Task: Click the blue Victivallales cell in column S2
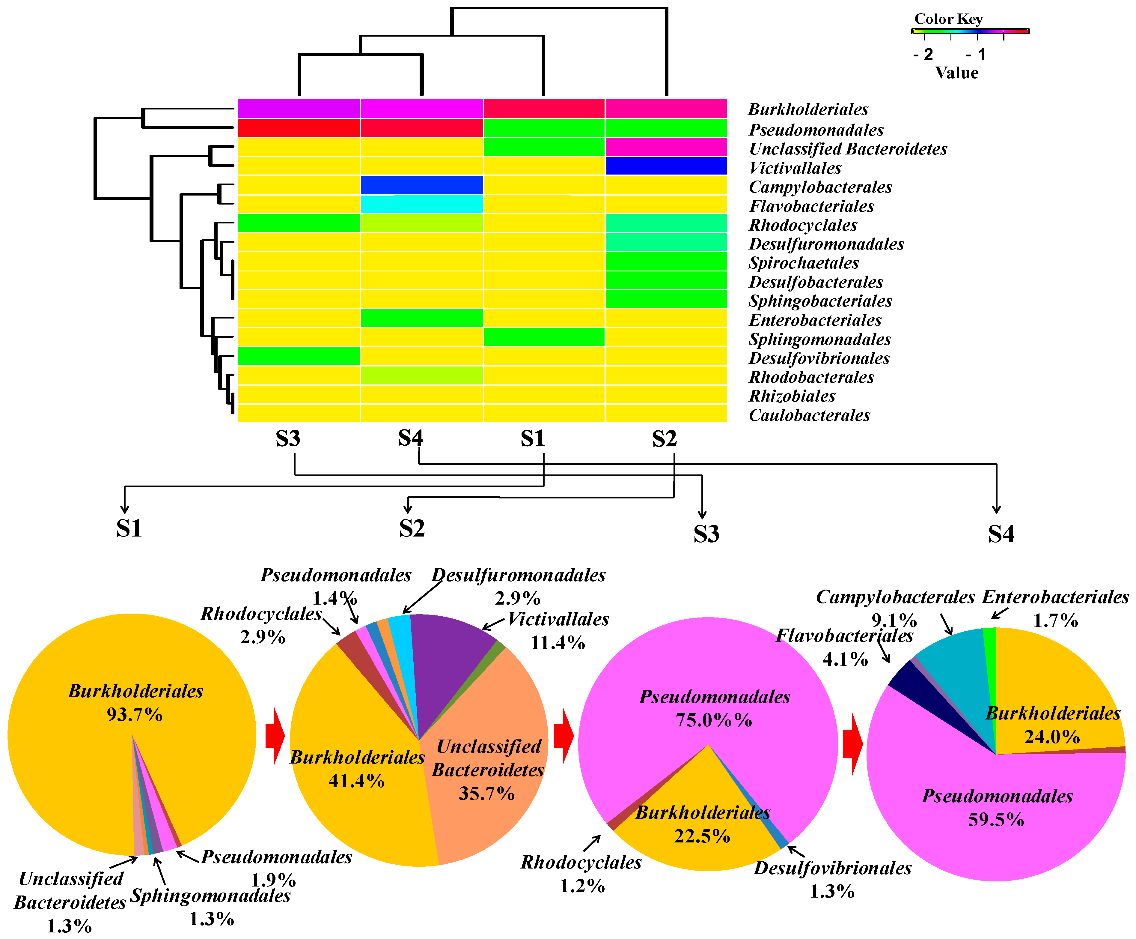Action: point(666,166)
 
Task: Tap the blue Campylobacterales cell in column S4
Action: point(422,185)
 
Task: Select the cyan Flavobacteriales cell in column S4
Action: point(422,204)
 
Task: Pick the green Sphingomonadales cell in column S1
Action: point(544,337)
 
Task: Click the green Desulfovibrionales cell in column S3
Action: point(299,356)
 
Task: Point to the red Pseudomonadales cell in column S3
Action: point(299,128)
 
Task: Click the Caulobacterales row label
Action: point(809,415)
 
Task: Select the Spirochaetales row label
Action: point(804,263)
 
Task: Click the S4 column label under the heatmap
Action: point(410,438)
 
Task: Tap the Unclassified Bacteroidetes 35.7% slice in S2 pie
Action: point(487,779)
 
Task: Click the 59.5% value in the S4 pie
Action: point(996,820)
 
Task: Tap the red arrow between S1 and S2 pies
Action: point(275,737)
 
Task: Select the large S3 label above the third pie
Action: point(706,534)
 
